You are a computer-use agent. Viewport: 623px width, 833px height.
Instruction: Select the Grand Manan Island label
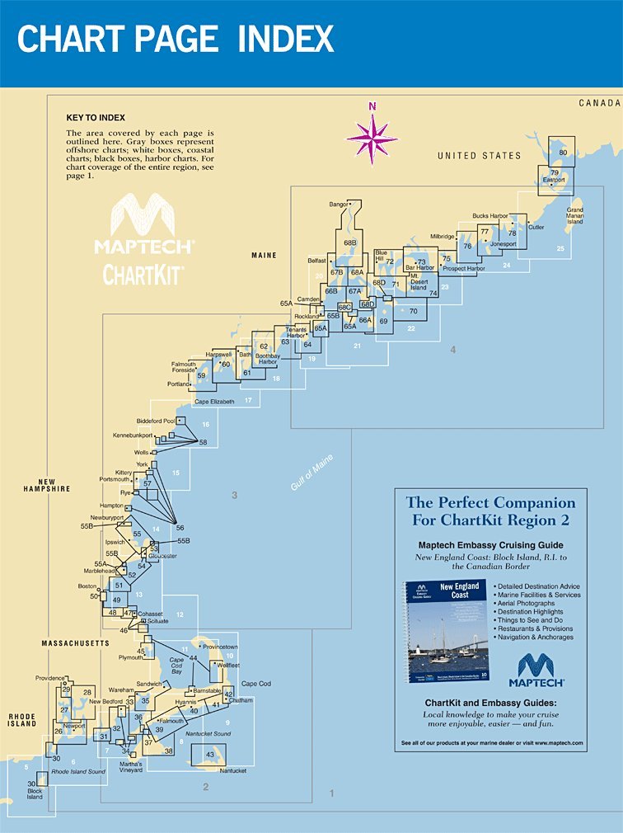pos(574,215)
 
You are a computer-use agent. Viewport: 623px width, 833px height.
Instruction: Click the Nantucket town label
pos(233,770)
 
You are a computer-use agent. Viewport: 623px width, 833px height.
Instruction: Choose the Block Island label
pos(34,794)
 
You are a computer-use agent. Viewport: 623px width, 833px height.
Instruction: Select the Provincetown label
pos(220,647)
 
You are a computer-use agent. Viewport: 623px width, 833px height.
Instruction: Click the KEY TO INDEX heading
pos(96,119)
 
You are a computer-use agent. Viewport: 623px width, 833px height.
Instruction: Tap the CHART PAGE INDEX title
pos(176,39)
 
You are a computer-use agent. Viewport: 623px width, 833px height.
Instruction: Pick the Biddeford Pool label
pos(156,421)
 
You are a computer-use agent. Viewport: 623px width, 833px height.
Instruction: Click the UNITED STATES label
pos(479,156)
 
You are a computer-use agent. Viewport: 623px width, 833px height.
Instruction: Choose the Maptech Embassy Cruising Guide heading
pos(490,545)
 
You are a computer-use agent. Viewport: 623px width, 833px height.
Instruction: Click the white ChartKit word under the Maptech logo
pos(143,274)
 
